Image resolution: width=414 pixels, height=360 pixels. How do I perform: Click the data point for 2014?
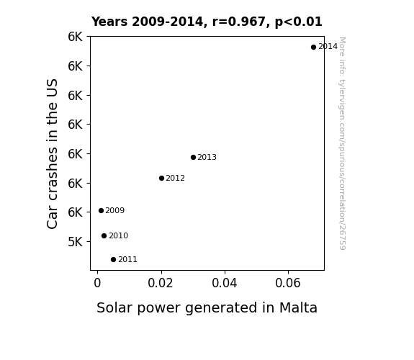(x=313, y=47)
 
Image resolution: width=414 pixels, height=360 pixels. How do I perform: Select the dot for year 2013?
(x=193, y=157)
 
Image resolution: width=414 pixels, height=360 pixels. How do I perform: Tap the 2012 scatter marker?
(x=161, y=179)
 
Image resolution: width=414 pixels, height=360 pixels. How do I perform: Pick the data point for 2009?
(x=101, y=210)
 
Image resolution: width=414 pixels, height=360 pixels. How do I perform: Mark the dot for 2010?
(x=104, y=235)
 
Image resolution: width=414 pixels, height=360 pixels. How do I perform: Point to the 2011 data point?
(x=113, y=259)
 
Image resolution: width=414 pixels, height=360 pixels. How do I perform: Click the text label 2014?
(x=328, y=47)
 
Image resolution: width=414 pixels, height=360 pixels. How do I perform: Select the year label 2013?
(x=207, y=158)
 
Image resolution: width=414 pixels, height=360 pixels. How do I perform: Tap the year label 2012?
(x=175, y=179)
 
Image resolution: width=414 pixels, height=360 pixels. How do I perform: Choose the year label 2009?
(x=115, y=210)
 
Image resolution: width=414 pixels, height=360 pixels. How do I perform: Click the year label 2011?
(x=127, y=260)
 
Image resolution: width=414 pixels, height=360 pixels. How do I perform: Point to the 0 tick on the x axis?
(x=97, y=283)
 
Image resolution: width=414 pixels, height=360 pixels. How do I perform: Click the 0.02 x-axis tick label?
(x=161, y=283)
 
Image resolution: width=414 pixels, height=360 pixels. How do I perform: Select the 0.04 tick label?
(x=225, y=283)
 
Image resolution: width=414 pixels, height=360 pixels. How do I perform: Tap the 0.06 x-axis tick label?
(x=288, y=283)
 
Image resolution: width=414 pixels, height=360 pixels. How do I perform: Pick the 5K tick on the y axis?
(x=76, y=242)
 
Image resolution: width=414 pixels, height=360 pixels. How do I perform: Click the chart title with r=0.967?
(x=207, y=22)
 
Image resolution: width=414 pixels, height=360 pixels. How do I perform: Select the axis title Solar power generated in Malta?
(x=207, y=308)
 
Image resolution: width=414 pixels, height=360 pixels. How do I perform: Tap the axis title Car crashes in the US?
(x=52, y=153)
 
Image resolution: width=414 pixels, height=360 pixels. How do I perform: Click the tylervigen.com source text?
(x=342, y=143)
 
